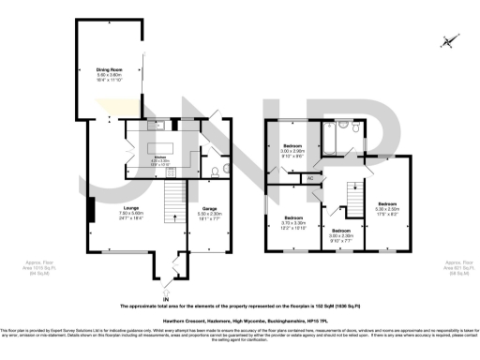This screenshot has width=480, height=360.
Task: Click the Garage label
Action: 208,214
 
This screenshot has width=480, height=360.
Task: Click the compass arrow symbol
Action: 450,40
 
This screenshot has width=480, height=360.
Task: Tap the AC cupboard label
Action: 309,177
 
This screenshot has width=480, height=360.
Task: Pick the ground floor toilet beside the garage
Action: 214,171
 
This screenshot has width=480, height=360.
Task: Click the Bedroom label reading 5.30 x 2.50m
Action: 387,206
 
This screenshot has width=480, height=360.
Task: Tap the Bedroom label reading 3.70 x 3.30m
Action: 294,224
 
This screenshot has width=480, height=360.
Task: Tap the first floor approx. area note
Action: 458,269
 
